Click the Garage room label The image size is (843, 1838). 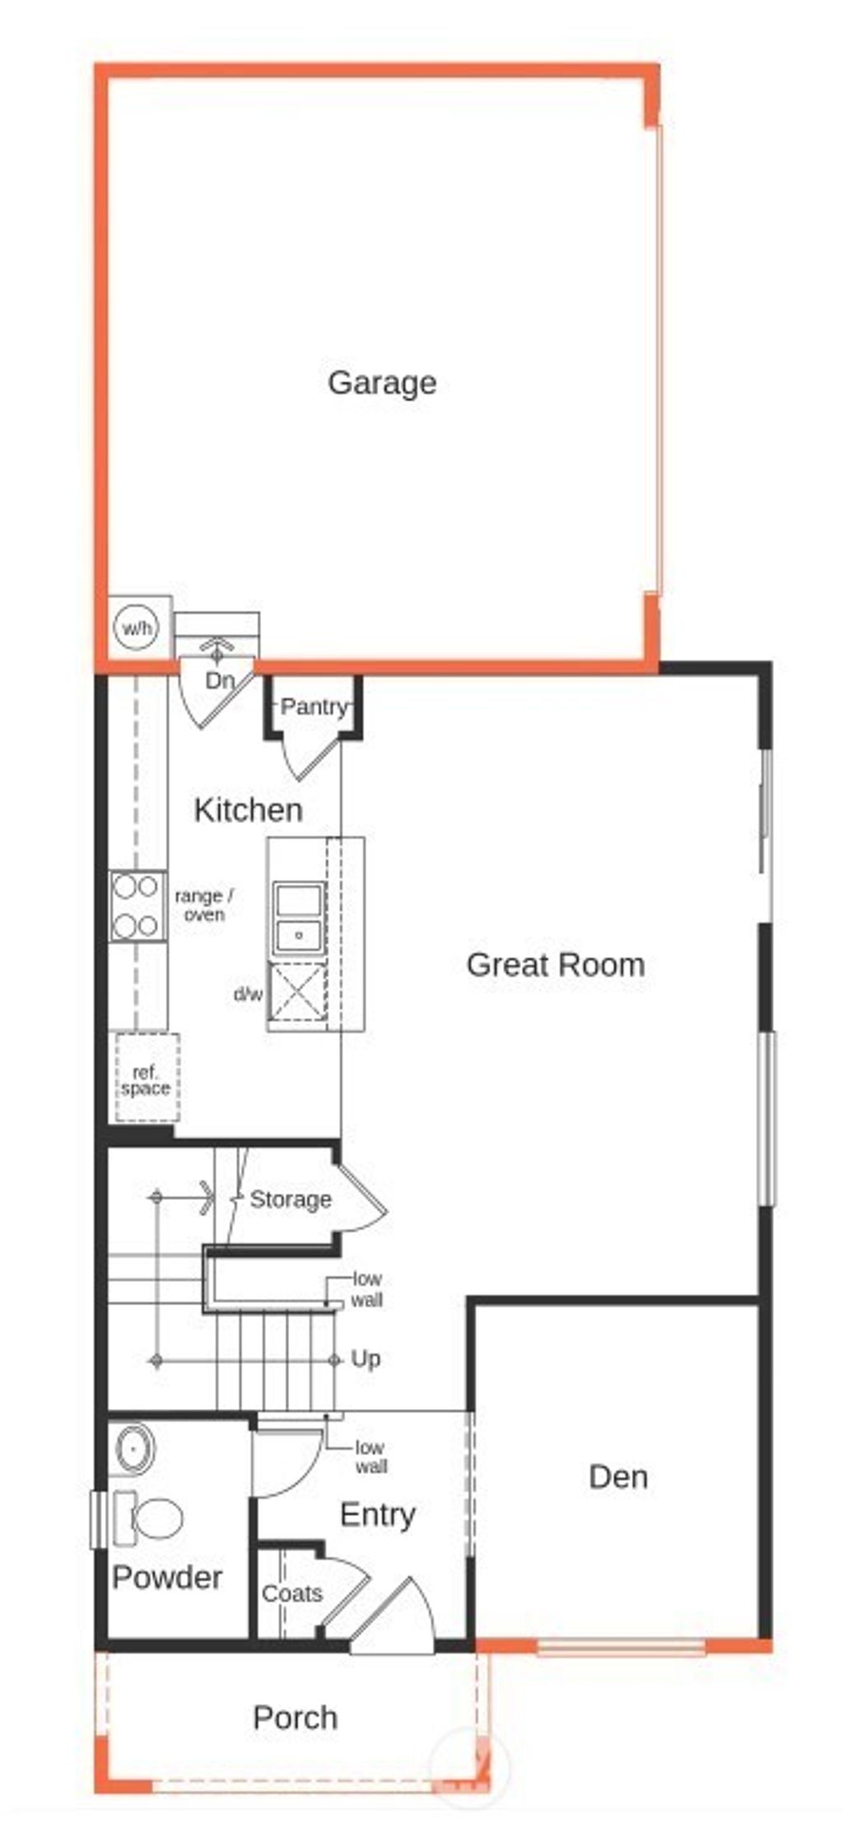[382, 383]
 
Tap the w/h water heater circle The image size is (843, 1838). [137, 629]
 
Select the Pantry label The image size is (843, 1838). [313, 706]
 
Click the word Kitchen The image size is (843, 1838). [248, 810]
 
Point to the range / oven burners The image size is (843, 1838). [137, 906]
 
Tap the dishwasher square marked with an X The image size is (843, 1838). [297, 994]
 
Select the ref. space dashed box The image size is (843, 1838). [146, 1079]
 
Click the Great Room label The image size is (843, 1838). [555, 965]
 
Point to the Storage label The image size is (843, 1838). [291, 1199]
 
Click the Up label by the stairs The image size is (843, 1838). [366, 1359]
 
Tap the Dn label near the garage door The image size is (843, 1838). [220, 681]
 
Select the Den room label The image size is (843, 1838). [618, 1477]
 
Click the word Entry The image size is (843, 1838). [377, 1515]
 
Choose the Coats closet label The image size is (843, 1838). [291, 1594]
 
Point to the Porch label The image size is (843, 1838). [295, 1717]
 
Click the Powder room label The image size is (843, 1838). [167, 1577]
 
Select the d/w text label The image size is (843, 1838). [248, 994]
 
